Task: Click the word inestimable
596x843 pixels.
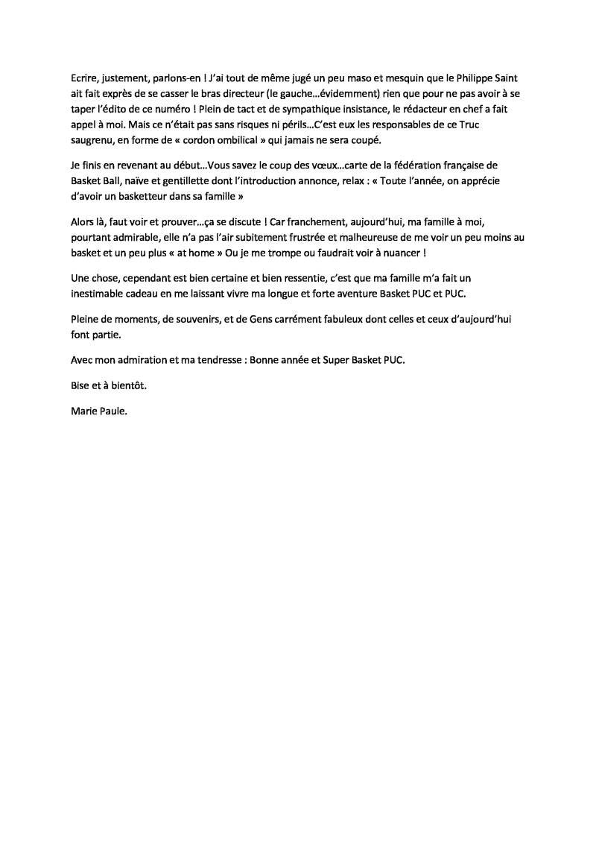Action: coord(101,294)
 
